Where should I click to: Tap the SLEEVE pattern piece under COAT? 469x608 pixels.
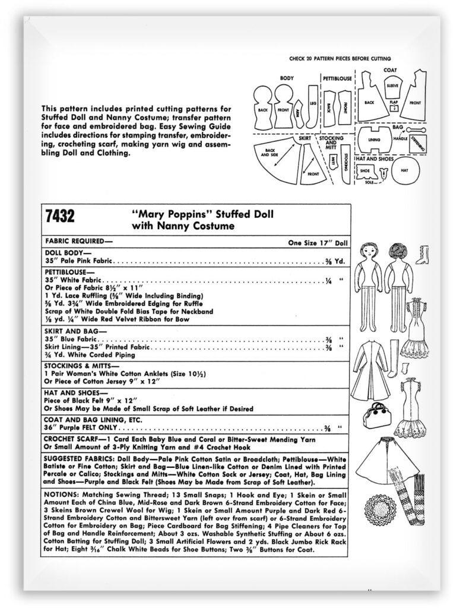pos(392,85)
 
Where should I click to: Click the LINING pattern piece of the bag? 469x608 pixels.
pos(373,141)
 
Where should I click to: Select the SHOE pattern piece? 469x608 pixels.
pos(365,170)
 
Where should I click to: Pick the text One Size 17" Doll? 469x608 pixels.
pos(318,242)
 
